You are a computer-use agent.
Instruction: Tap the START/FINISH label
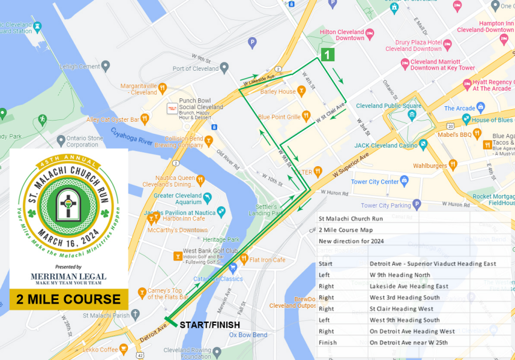click(209, 325)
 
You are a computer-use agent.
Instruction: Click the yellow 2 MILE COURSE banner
click(68, 299)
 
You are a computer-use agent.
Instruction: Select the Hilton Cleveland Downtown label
click(342, 35)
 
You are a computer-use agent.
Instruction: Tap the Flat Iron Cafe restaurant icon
click(244, 259)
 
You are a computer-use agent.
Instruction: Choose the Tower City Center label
click(375, 182)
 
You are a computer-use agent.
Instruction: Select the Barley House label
click(278, 92)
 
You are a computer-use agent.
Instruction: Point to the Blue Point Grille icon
click(306, 116)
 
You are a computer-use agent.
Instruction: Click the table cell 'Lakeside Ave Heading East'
click(409, 286)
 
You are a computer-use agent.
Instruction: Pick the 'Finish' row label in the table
click(328, 343)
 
